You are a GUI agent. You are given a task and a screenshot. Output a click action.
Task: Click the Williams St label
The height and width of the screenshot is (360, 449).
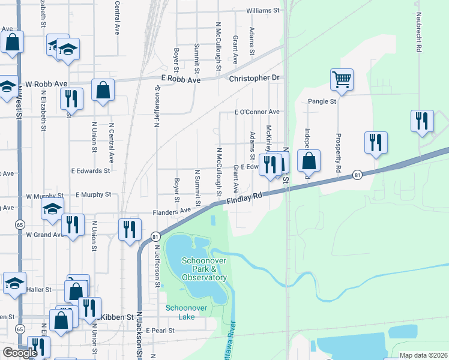click(x=263, y=11)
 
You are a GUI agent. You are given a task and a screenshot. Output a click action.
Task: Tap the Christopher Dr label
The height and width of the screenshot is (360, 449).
click(x=255, y=78)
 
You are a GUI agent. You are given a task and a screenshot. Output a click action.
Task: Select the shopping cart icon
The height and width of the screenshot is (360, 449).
click(x=342, y=79)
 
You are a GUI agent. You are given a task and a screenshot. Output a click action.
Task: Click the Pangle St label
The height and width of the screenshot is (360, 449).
click(x=322, y=101)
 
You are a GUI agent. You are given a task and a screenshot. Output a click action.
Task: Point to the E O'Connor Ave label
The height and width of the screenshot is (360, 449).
click(x=257, y=112)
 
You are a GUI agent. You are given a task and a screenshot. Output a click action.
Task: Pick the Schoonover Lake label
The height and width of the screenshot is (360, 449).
click(x=187, y=312)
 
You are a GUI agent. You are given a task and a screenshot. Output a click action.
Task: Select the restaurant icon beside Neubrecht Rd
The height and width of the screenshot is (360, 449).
click(x=422, y=121)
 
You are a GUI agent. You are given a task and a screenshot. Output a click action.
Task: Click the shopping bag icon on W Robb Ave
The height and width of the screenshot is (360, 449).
click(x=103, y=90)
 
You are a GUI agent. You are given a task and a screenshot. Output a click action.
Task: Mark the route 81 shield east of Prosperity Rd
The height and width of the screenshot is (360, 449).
click(x=358, y=175)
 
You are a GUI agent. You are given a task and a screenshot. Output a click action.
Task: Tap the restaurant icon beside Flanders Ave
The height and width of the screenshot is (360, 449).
click(x=130, y=229)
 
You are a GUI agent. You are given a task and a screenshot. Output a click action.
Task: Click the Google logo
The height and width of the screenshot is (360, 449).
click(x=20, y=353)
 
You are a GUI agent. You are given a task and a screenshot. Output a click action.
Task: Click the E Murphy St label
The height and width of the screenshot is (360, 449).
click(x=94, y=194)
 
